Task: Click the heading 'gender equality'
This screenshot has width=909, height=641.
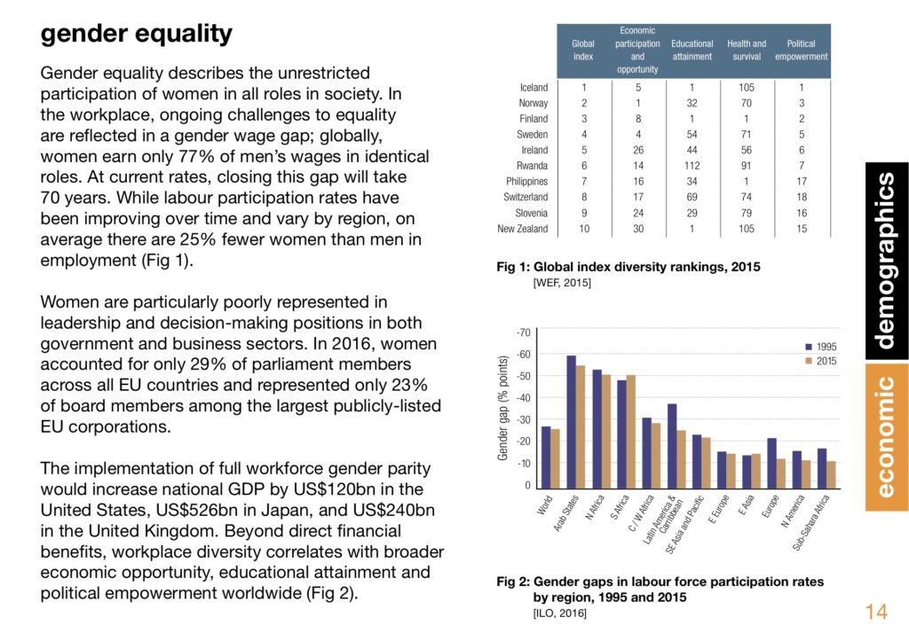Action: tap(136, 35)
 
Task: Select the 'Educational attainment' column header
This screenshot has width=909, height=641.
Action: tap(692, 50)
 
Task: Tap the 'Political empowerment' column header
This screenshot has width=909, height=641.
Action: tap(802, 50)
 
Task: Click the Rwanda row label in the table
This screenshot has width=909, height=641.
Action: tap(533, 166)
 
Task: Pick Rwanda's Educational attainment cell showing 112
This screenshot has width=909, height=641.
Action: tap(692, 166)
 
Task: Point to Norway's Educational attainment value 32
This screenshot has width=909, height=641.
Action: tap(692, 103)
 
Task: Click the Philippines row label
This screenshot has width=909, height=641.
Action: tap(526, 181)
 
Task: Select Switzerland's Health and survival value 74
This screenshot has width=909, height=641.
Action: tap(746, 197)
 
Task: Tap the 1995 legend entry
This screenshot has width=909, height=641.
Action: tap(821, 347)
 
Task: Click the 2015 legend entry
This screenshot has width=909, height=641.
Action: tap(821, 361)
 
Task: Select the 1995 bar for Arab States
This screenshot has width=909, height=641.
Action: tap(571, 422)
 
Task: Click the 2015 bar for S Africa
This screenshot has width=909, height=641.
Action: tap(631, 432)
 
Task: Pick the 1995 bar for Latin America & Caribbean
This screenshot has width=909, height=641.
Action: tap(672, 447)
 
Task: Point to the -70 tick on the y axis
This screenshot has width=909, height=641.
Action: tap(523, 332)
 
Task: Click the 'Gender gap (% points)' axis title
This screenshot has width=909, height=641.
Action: tap(502, 408)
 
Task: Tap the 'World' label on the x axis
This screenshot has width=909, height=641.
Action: tap(545, 505)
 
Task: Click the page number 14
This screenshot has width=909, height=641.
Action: tap(876, 612)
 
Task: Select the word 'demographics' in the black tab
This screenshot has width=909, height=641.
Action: tap(886, 261)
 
